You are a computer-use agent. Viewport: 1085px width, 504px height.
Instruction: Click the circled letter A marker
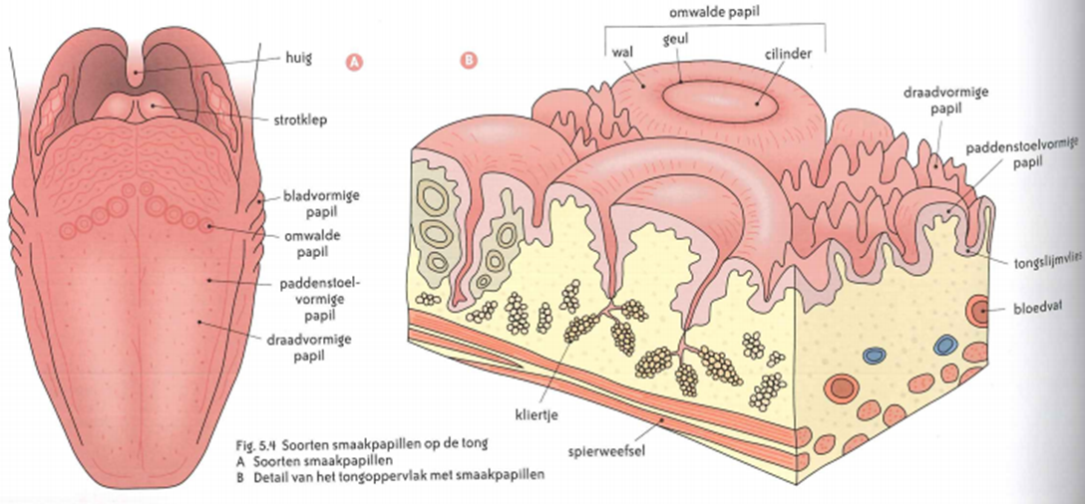point(352,62)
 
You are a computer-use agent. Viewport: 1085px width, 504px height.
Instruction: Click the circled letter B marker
point(469,62)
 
